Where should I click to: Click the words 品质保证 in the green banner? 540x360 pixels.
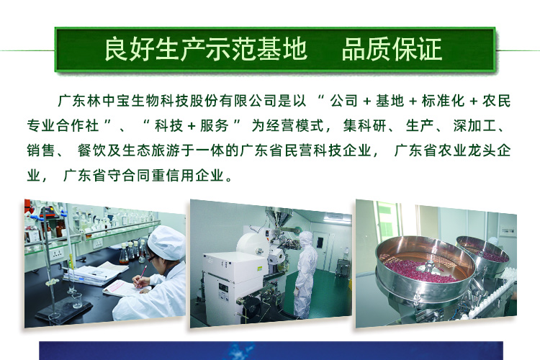click(392, 49)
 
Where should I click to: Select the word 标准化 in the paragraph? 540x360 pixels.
click(443, 101)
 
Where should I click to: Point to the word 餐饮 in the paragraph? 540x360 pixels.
click(91, 150)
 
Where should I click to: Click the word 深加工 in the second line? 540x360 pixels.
click(474, 126)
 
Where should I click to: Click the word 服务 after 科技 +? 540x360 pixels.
click(215, 126)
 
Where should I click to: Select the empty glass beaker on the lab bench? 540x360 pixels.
click(77, 300)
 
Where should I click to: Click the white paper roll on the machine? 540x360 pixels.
click(253, 245)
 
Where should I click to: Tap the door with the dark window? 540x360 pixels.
click(321, 251)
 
